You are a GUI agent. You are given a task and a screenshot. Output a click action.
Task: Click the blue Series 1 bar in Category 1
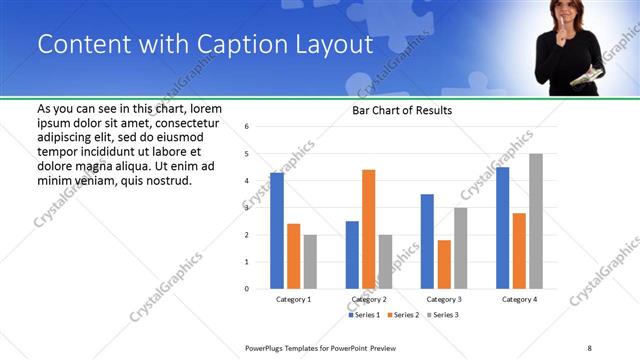(277, 231)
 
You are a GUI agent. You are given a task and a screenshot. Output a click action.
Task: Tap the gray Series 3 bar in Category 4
(536, 221)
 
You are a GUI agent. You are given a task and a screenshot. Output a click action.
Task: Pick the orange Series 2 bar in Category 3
(444, 264)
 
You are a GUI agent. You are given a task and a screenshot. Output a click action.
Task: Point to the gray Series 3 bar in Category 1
(310, 261)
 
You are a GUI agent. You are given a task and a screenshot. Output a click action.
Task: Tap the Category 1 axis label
(293, 299)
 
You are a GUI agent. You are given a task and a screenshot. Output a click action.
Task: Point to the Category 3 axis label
(444, 299)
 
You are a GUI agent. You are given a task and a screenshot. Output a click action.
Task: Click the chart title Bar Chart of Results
(402, 110)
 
